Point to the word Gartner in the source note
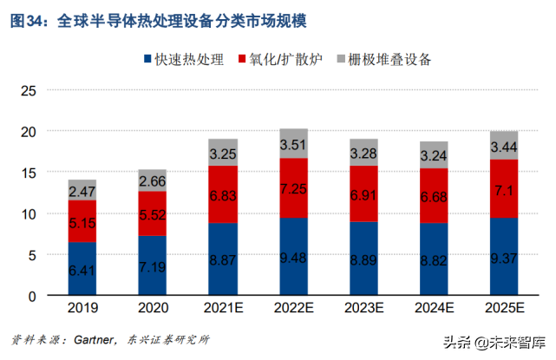pyautogui.click(x=92, y=339)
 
